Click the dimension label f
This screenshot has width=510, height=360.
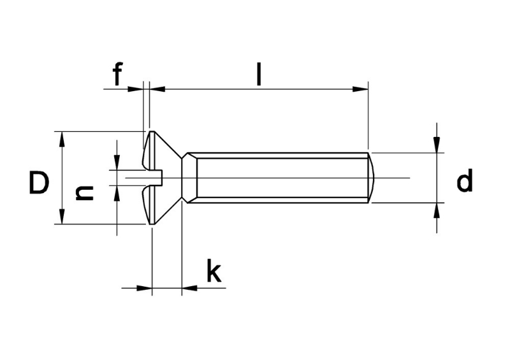pos(117,75)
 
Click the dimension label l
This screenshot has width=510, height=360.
pos(258,74)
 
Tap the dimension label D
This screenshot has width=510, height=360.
pos(39,184)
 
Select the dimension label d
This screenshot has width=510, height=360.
pos(465,182)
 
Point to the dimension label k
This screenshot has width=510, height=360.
pos(213,272)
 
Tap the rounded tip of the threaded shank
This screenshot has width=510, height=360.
pos(374,178)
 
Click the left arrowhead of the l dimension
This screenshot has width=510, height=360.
pos(157,89)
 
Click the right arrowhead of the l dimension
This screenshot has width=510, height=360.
pos(361,89)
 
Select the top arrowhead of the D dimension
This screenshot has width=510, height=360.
pos(62,139)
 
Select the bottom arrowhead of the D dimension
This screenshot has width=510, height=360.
pos(62,217)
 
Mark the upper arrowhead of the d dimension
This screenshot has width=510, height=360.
pos(437,145)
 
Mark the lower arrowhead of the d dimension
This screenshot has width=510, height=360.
pos(437,210)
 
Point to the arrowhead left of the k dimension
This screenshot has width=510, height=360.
pos(145,288)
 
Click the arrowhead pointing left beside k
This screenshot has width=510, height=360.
pos(190,288)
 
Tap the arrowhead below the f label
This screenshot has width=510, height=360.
pos(136,89)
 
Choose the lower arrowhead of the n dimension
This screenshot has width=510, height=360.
pos(117,193)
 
